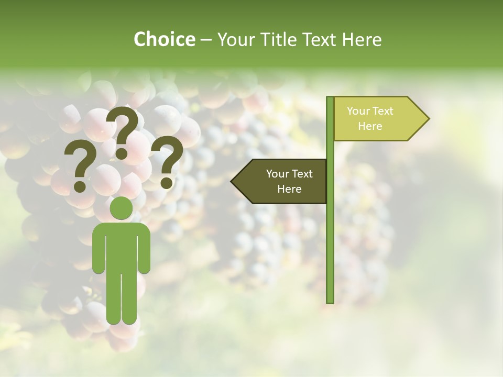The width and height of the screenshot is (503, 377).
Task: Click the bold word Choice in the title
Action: click(164, 39)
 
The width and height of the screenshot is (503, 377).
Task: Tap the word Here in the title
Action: click(362, 39)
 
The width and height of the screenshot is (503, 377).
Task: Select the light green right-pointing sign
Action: click(377, 118)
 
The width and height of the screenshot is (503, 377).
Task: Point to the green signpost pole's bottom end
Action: click(330, 301)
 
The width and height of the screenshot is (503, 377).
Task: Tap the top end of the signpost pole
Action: click(330, 99)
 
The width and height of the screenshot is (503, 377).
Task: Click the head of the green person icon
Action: click(121, 208)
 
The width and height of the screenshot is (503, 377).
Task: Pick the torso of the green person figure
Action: click(121, 246)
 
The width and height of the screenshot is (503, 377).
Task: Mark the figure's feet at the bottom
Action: click(121, 319)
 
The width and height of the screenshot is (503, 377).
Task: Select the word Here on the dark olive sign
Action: click(289, 189)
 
